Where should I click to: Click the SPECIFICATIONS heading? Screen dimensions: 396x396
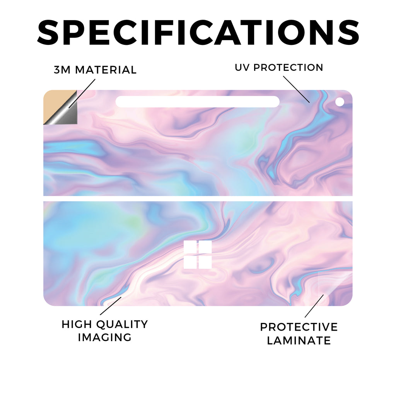[x=198, y=32]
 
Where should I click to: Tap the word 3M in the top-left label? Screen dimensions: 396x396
[x=62, y=70]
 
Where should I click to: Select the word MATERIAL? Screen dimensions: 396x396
[x=106, y=70]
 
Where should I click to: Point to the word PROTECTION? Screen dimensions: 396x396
[x=288, y=67]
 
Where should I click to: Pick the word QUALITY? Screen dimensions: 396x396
[x=122, y=325]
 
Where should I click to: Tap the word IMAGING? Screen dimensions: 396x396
[x=105, y=337]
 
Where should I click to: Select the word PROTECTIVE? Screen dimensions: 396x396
[x=299, y=327]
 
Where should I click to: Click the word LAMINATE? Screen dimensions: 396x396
[x=299, y=340]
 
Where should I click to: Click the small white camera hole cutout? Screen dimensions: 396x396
[x=340, y=102]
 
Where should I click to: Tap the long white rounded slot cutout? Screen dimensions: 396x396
[x=198, y=102]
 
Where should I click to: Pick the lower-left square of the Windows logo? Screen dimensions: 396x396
[x=190, y=263]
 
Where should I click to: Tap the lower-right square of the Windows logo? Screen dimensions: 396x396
[x=205, y=263]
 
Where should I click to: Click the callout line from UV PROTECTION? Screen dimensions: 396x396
[x=296, y=89]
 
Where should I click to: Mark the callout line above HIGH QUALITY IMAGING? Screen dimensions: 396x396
[x=111, y=306]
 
